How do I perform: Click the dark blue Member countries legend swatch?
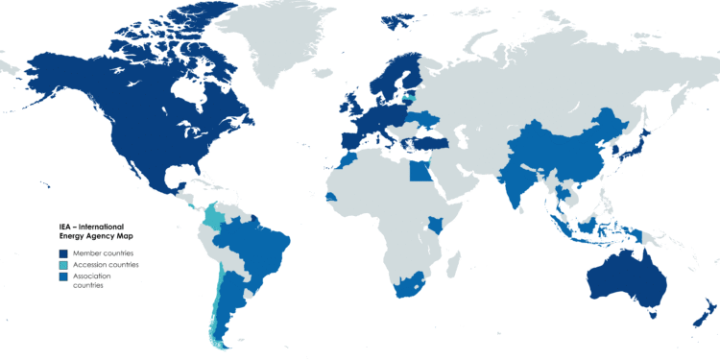[x=62, y=252]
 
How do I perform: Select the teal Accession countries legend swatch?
[x=62, y=264]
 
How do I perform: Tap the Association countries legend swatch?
[x=62, y=276]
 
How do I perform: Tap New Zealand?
[x=707, y=312]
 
